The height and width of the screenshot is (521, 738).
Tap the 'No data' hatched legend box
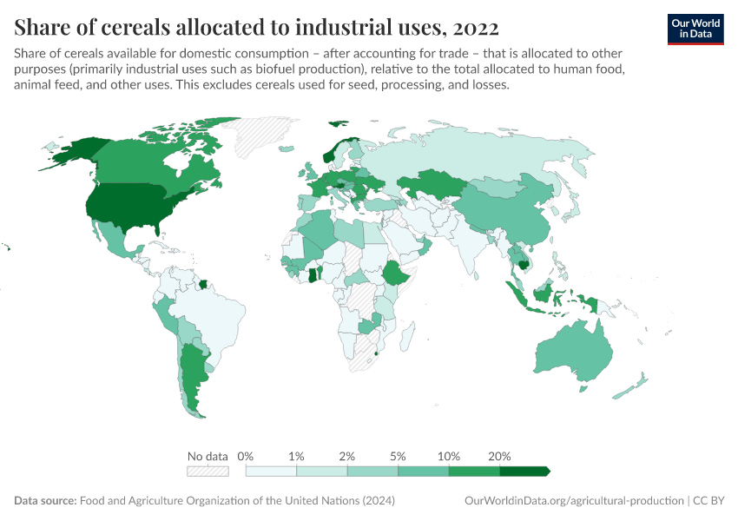click(x=208, y=471)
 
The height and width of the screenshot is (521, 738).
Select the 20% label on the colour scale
click(x=500, y=456)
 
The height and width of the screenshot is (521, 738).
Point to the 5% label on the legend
click(x=399, y=456)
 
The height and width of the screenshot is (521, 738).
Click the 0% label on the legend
click(x=246, y=456)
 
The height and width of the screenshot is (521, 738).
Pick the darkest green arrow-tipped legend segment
click(x=524, y=471)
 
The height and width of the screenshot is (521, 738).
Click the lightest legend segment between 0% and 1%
click(x=271, y=471)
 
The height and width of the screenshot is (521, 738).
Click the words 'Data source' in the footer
click(x=45, y=501)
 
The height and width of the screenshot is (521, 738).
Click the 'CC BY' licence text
click(x=708, y=501)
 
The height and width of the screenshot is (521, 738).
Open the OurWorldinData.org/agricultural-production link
click(x=574, y=501)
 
